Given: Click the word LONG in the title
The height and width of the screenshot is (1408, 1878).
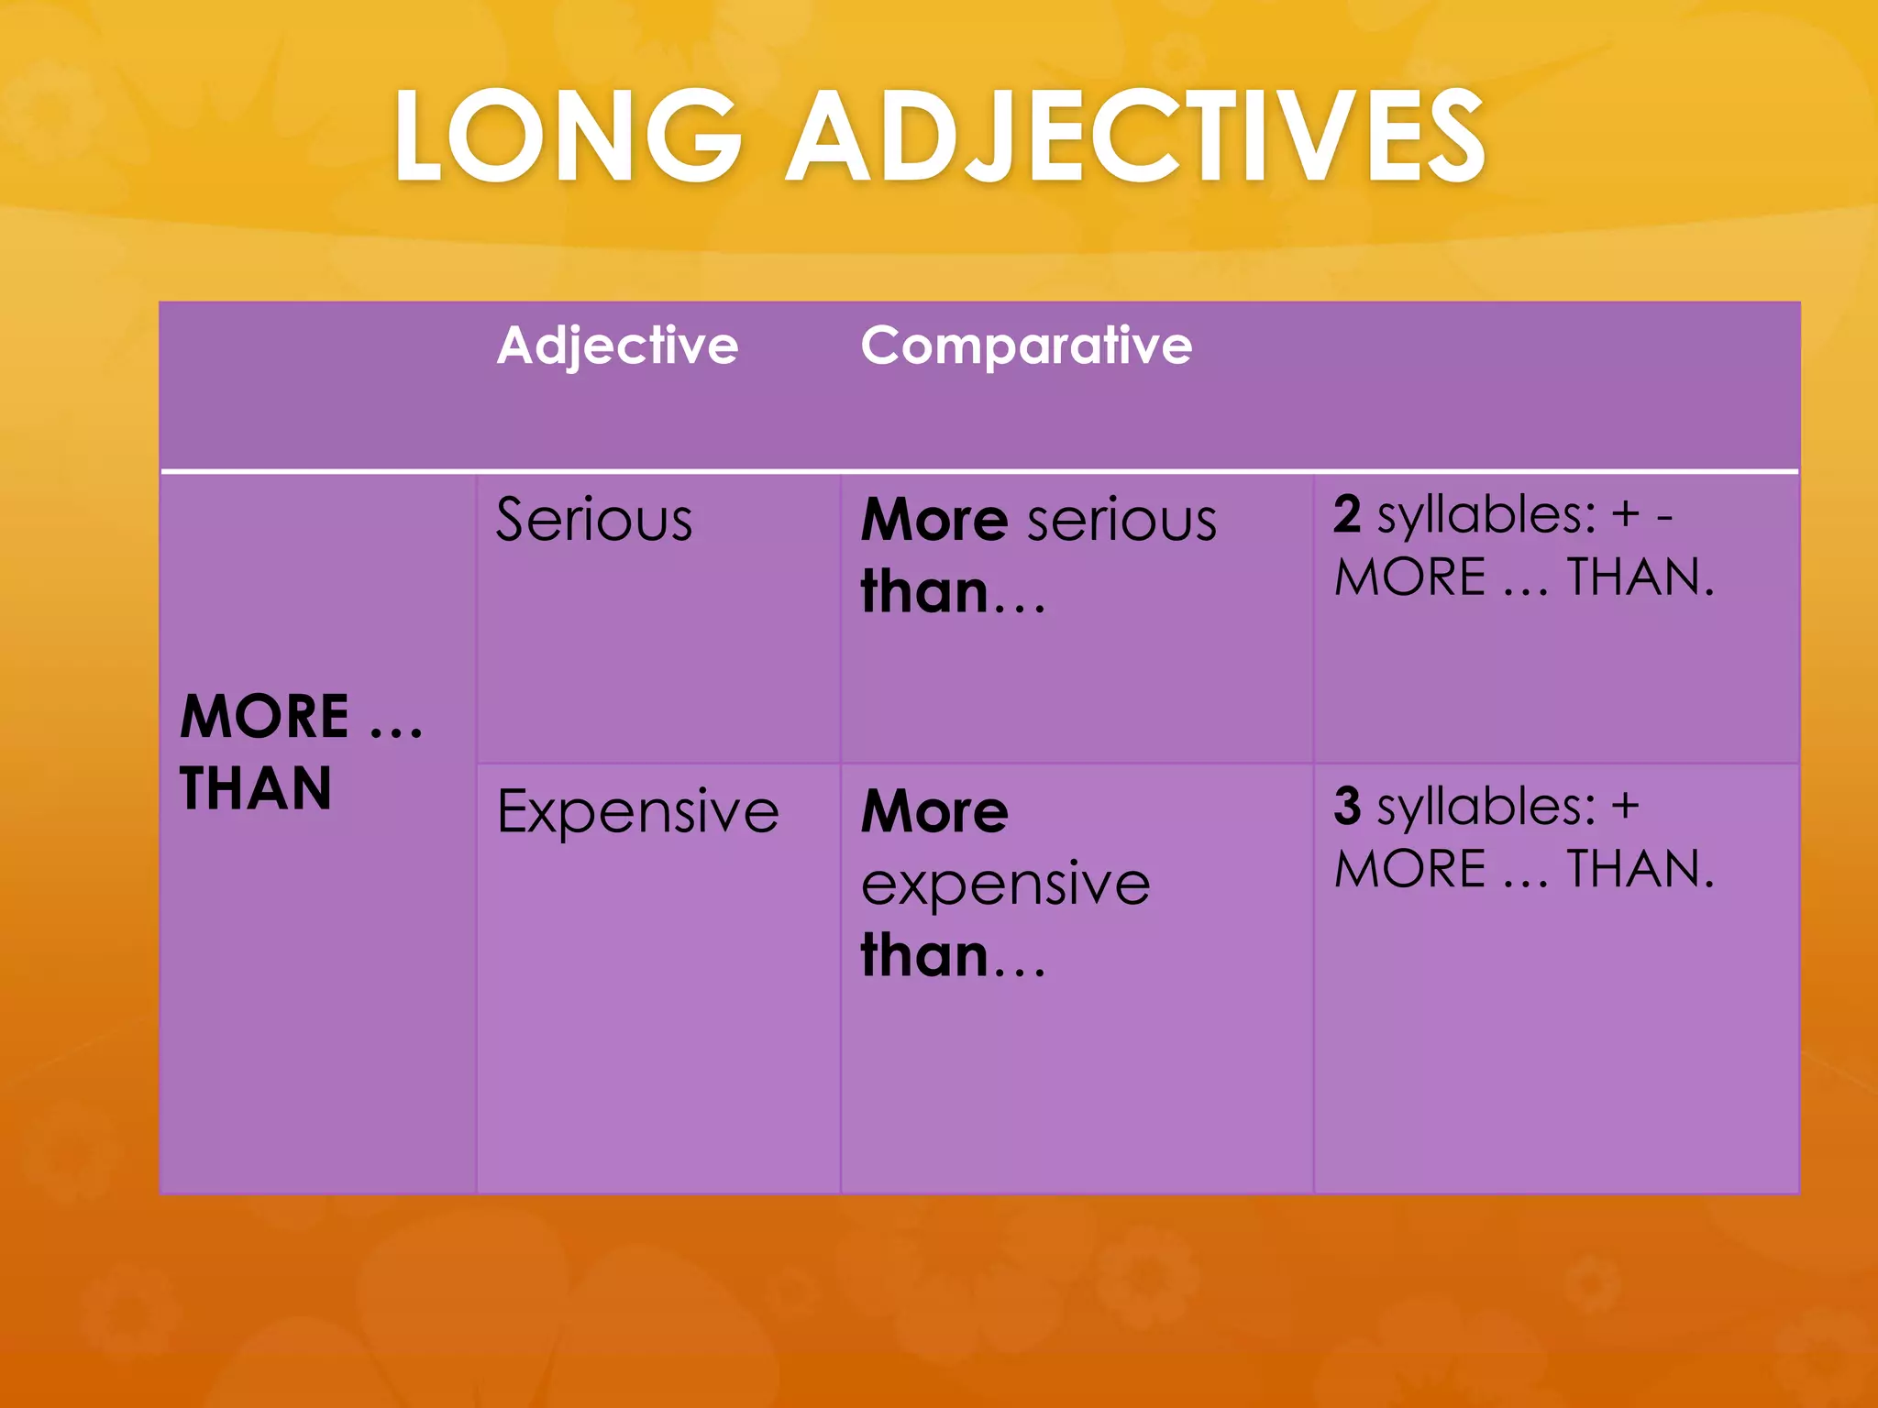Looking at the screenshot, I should point(568,136).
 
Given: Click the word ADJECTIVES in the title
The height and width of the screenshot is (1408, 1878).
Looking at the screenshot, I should point(1136,136).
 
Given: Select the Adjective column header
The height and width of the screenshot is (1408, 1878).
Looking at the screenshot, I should point(617,346).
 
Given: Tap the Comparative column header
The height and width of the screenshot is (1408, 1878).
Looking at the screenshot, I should point(1026,346).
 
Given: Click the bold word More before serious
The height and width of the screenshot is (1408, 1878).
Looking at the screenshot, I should point(934,520).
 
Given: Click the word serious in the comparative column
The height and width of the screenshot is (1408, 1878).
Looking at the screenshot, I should point(1122,520).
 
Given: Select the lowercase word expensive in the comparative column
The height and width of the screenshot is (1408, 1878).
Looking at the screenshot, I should point(1005,884).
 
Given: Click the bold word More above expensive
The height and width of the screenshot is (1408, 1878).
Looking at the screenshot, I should point(934,811).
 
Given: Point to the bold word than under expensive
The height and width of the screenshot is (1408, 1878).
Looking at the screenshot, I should point(924,955).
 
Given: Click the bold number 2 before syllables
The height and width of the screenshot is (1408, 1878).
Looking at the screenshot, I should point(1347,514).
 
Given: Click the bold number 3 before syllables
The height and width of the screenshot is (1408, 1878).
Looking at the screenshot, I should point(1347,806).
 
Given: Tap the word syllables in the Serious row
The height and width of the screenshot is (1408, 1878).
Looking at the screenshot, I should point(1486,514).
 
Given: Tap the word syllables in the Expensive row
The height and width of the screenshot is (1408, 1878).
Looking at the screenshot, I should point(1486,806).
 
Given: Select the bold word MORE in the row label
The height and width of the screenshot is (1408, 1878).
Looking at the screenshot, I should point(264,716).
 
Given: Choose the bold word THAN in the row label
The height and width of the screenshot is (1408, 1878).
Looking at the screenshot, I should point(255,788).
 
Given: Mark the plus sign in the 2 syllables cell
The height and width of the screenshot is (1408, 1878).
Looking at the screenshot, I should point(1626,514).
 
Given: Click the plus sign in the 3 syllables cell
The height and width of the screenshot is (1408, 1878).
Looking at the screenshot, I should point(1625,806).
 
